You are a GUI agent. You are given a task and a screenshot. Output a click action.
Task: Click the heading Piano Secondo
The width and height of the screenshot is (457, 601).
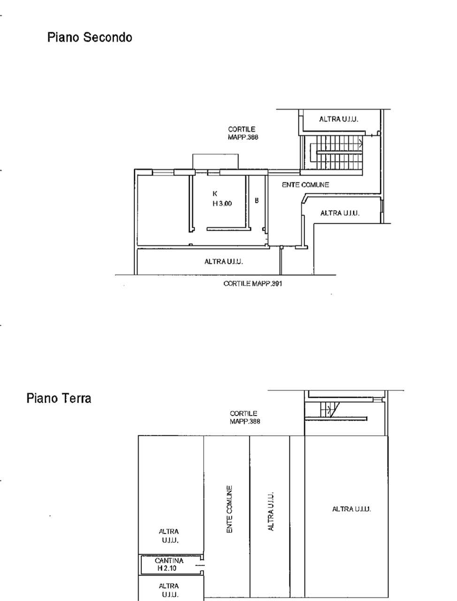pos(90,37)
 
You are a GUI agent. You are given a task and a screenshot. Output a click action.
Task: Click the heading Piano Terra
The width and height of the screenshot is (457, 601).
pos(59,398)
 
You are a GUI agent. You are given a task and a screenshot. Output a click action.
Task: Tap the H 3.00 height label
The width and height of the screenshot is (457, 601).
pos(222,203)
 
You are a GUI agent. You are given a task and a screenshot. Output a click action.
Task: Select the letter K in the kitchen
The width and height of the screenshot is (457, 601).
pos(215,193)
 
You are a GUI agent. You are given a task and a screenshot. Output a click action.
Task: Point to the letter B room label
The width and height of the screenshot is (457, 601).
pos(257,200)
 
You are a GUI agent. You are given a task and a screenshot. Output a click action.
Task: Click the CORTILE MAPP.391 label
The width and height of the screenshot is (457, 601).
pos(253,284)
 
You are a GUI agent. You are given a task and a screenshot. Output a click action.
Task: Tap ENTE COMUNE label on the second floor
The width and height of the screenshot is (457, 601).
pos(305,185)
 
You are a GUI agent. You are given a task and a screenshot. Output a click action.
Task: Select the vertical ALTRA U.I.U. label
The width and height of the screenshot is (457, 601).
pos(271,512)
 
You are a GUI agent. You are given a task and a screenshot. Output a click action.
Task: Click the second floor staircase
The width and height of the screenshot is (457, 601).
pos(336,152)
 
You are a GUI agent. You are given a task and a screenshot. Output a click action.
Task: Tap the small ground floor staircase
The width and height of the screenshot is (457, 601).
pos(329,409)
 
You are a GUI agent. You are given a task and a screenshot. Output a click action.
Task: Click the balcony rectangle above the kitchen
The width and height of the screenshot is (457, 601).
pos(215,162)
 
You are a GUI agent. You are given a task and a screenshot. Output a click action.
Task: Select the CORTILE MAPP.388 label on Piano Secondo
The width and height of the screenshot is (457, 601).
pos(243,133)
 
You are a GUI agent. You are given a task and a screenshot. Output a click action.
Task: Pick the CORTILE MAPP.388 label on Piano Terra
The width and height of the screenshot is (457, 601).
pos(245,417)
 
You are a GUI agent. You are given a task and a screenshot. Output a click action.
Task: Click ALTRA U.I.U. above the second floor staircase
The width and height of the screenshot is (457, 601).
pos(339,119)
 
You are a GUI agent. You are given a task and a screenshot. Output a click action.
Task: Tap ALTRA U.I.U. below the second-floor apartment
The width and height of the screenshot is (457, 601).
pos(224,262)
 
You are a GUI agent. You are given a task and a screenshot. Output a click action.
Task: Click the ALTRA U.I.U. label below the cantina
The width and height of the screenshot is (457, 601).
pos(169,590)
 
